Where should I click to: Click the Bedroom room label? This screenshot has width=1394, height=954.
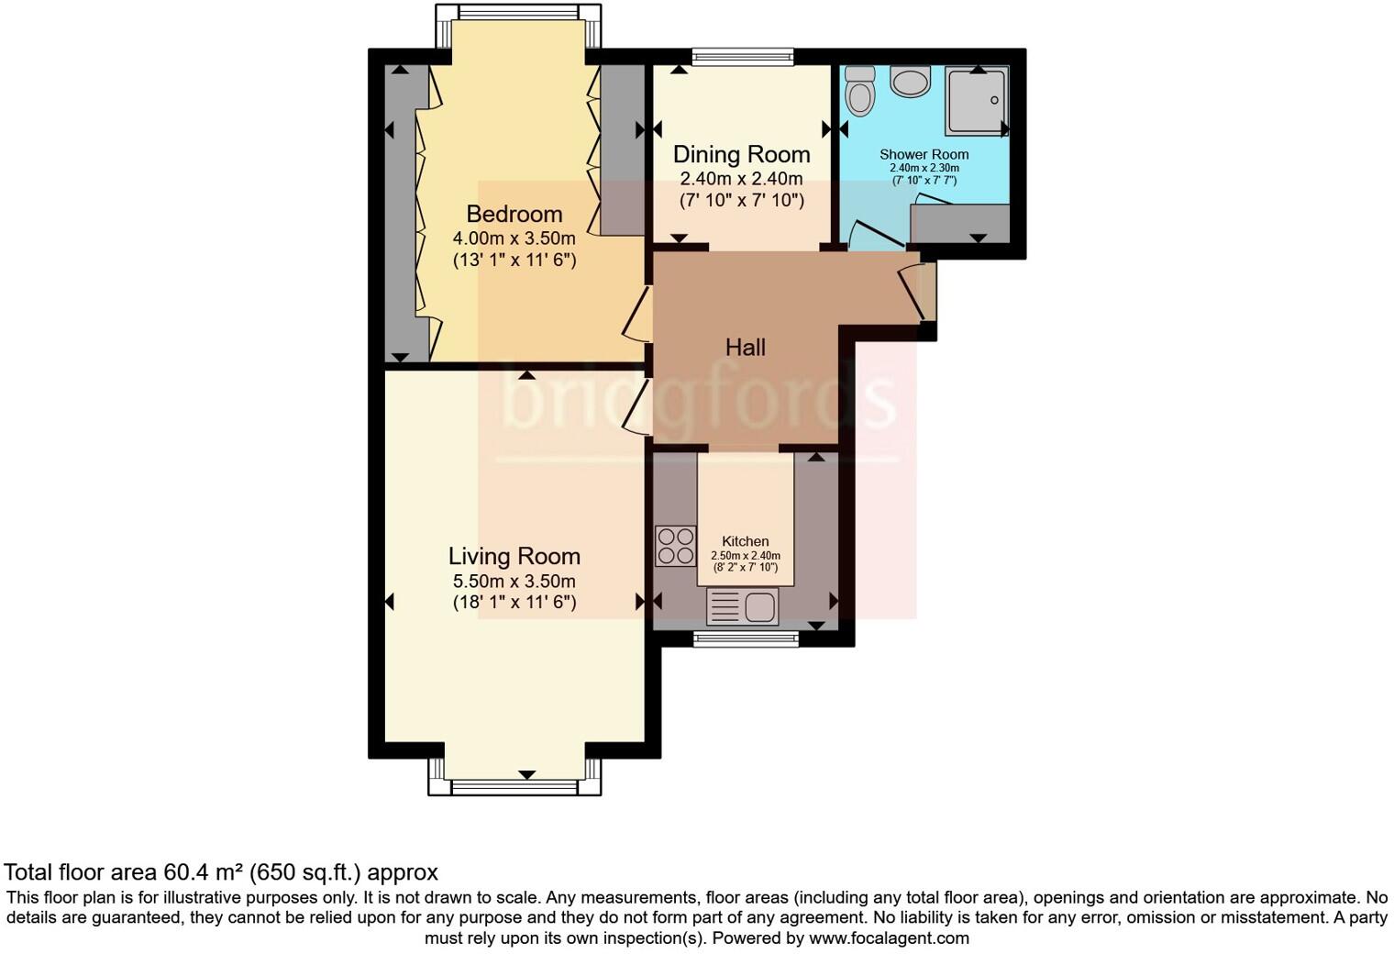pyautogui.click(x=514, y=214)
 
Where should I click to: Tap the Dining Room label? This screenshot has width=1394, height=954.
pyautogui.click(x=741, y=154)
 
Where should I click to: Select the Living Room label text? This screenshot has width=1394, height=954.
pyautogui.click(x=514, y=556)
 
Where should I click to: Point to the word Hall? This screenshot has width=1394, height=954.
pyautogui.click(x=745, y=347)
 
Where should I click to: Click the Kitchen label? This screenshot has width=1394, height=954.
pyautogui.click(x=745, y=541)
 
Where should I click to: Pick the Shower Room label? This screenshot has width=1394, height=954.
pyautogui.click(x=924, y=154)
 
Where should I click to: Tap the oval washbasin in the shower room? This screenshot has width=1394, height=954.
pyautogui.click(x=910, y=81)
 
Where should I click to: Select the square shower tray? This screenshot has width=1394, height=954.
pyautogui.click(x=978, y=99)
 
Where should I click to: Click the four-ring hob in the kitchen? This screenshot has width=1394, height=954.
pyautogui.click(x=675, y=545)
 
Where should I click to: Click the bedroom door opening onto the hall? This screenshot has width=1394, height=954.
pyautogui.click(x=636, y=314)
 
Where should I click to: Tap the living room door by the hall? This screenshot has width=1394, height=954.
pyautogui.click(x=636, y=407)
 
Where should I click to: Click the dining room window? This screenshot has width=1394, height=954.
pyautogui.click(x=742, y=57)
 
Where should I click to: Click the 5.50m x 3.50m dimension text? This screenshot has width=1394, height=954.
pyautogui.click(x=514, y=581)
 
